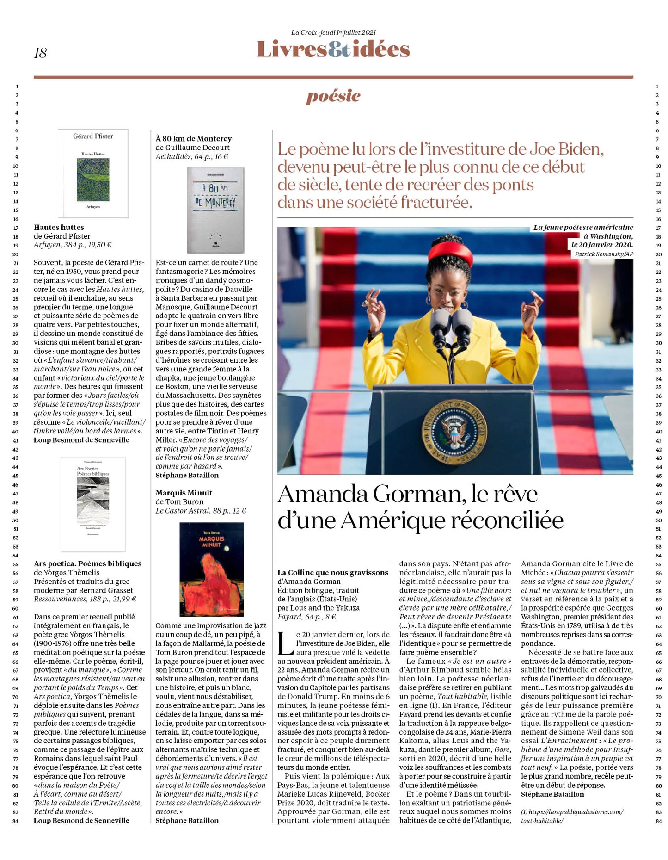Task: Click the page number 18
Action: (40, 53)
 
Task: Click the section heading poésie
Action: (333, 96)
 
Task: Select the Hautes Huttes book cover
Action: (93, 173)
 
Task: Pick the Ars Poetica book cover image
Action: (93, 504)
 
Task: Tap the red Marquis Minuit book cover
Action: (212, 569)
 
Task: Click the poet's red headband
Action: (450, 252)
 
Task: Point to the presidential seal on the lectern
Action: (454, 431)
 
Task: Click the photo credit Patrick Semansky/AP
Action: (603, 254)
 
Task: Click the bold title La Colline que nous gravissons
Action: (333, 573)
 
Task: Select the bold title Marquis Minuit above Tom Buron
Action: (184, 493)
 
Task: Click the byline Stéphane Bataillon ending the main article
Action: (552, 794)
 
